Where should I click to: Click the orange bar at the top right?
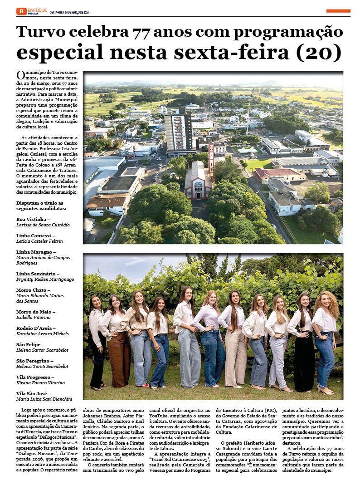[x=338, y=10]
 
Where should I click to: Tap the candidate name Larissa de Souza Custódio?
[x=43, y=225]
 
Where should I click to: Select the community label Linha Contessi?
[x=34, y=235]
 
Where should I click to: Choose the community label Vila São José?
[x=34, y=393]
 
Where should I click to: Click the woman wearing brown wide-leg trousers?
[x=119, y=345]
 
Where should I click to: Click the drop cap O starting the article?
[x=20, y=75]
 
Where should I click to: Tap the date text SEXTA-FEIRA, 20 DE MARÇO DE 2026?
[x=69, y=11]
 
